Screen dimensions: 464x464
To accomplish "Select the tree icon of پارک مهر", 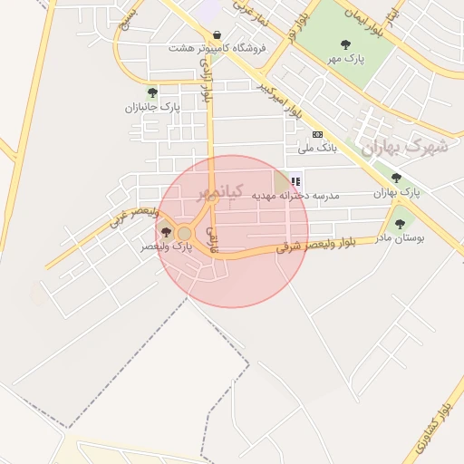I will pos(344,43).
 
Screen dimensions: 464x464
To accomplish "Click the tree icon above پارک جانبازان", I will pos(152,92).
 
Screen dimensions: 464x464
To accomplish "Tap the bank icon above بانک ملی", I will pos(317,134).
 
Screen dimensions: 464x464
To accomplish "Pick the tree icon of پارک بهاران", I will pos(397,178).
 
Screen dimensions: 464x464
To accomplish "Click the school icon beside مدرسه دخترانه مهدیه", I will pos(295,181).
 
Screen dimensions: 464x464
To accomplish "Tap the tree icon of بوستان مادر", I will pos(400,223).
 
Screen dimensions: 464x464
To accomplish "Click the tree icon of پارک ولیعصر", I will pos(165,233).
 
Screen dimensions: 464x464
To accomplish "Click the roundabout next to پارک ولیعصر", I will pos(185,234).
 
